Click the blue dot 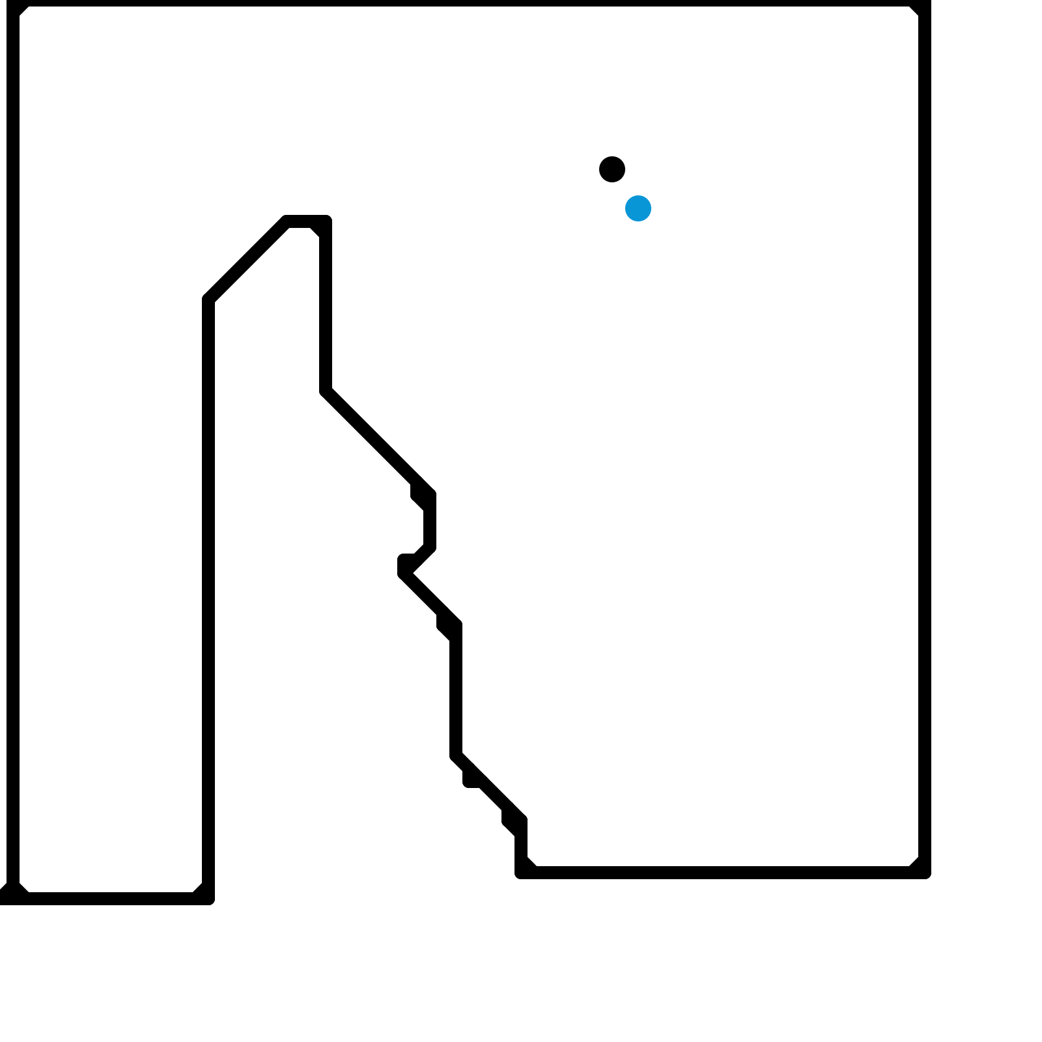pos(638,208)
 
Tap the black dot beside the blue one pos(612,169)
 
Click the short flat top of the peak pos(306,221)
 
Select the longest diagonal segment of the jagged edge pos(378,443)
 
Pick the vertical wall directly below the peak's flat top pos(326,306)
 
